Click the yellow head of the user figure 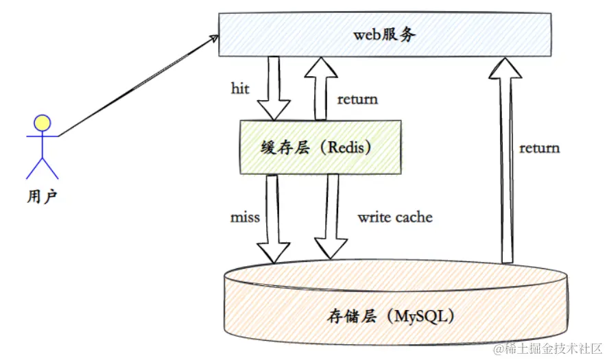[43, 123]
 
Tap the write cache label [395, 217]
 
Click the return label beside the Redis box [357, 99]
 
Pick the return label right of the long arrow [539, 147]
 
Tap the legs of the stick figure [43, 168]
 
